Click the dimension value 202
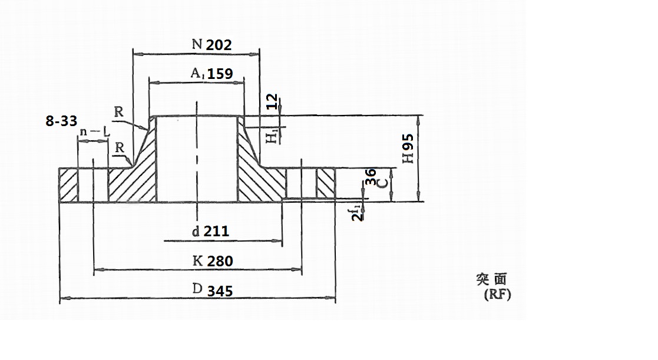pyautogui.click(x=219, y=45)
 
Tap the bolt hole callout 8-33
pyautogui.click(x=61, y=121)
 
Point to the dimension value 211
pyautogui.click(x=216, y=232)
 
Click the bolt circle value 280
pyautogui.click(x=220, y=261)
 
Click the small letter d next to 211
pyautogui.click(x=196, y=232)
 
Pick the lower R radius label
pyautogui.click(x=120, y=147)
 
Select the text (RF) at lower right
pyautogui.click(x=497, y=295)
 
